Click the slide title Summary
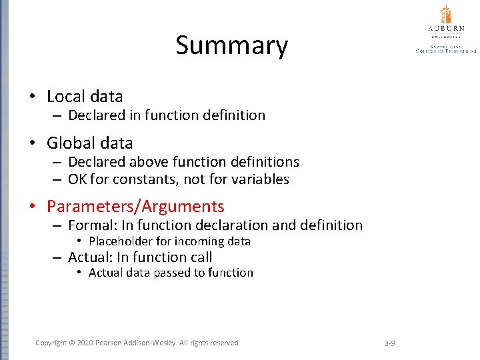coord(231,46)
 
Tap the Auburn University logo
coord(446,28)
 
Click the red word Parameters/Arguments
coord(135,207)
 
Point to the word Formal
coord(89,225)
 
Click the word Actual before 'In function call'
coord(89,257)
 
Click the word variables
coord(259,179)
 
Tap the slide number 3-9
coord(390,343)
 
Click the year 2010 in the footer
coord(85,343)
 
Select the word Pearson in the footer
coord(111,343)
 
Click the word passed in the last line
coord(171,273)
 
